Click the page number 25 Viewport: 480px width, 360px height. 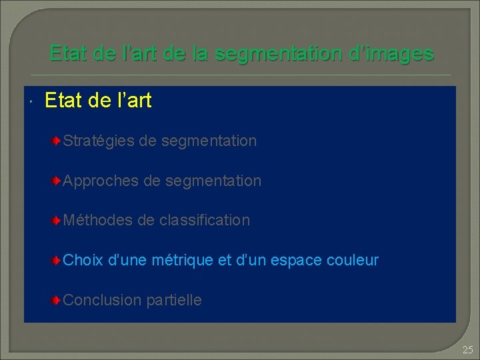click(467, 349)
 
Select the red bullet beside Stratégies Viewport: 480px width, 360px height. click(58, 141)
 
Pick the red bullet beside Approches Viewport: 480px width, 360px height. click(58, 181)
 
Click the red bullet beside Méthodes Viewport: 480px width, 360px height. click(58, 221)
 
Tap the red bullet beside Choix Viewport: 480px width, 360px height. click(58, 260)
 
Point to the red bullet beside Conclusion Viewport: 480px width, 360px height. click(58, 300)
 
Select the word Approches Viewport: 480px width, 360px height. click(100, 181)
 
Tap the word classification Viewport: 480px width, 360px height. click(205, 220)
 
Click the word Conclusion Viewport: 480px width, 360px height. click(101, 300)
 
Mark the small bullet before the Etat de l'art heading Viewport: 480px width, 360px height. click(31, 102)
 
